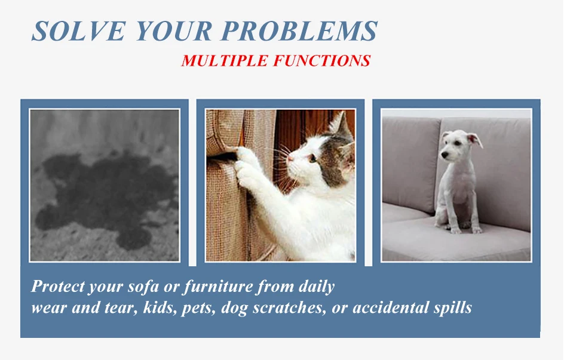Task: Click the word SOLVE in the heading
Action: (79, 31)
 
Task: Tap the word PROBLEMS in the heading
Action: (299, 31)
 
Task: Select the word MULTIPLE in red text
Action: (225, 61)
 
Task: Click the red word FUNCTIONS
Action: (322, 61)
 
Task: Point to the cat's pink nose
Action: (290, 158)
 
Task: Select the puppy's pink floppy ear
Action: (476, 139)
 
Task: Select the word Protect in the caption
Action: (58, 287)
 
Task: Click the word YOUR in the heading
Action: (174, 31)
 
